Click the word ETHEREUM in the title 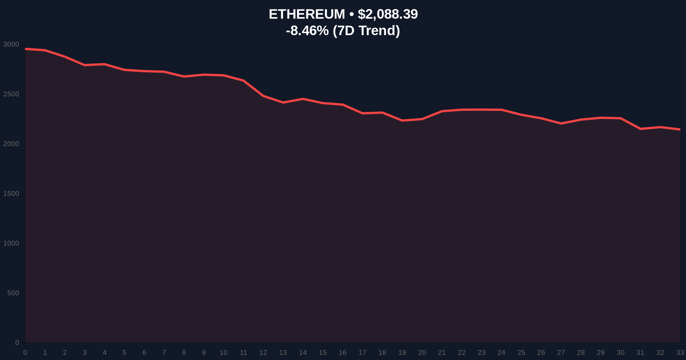click(307, 14)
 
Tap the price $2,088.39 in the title click(388, 14)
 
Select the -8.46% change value click(307, 31)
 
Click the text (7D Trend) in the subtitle click(366, 31)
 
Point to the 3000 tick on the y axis click(11, 44)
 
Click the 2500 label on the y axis click(11, 94)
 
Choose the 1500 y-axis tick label click(11, 193)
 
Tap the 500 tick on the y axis click(13, 293)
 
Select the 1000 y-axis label click(11, 243)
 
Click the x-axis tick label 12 click(263, 353)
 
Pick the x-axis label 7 click(164, 353)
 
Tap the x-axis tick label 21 click(442, 353)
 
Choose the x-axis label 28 click(581, 353)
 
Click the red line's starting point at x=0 click(25, 49)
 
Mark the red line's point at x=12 click(263, 96)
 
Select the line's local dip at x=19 click(402, 121)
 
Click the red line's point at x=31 click(641, 129)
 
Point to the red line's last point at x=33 click(680, 129)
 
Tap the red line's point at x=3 click(85, 65)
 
